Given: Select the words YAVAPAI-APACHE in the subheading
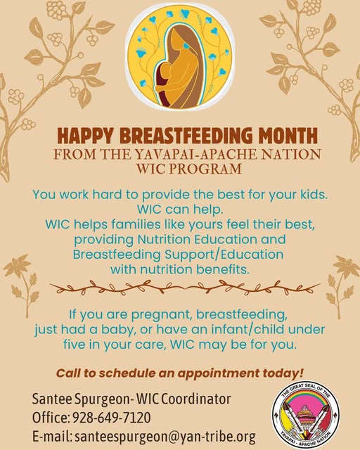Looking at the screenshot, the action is [195, 155].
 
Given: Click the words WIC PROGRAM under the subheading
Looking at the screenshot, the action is [188, 169].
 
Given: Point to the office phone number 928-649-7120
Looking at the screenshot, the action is [112, 417].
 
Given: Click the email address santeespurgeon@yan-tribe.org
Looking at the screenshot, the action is [165, 437].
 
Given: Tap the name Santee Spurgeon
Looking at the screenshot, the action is [81, 399].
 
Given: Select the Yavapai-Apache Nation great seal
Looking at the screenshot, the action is [306, 415].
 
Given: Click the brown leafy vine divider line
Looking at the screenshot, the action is [185, 288].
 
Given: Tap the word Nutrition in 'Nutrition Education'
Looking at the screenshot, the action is [164, 239].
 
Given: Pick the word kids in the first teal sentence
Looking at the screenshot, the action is [314, 195].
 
